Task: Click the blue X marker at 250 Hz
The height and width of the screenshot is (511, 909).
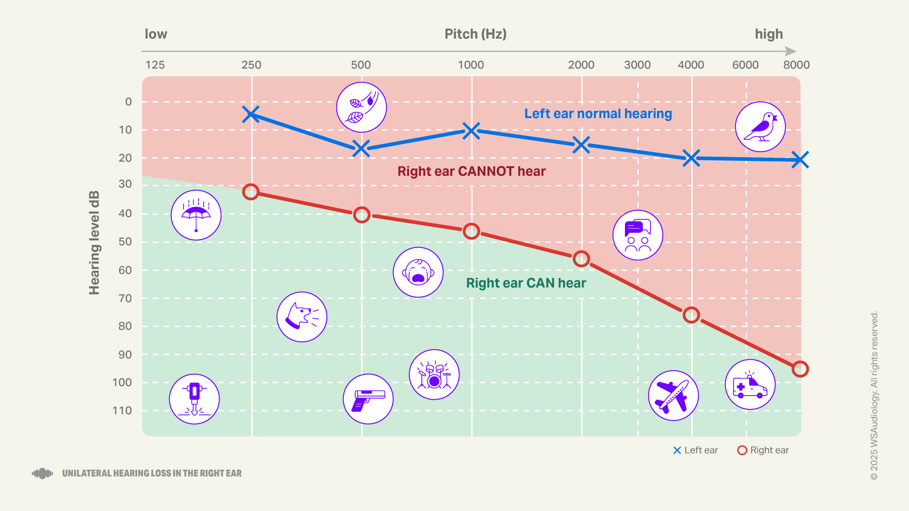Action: pos(251,114)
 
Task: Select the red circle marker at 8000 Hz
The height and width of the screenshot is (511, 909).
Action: pos(800,369)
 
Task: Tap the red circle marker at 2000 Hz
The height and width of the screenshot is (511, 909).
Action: pos(581,259)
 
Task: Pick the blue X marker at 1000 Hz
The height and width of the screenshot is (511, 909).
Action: pos(471,131)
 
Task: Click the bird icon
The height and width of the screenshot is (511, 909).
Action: pos(760,127)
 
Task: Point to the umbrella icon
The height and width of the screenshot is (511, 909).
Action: pos(196,215)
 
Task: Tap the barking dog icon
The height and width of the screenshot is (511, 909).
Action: pos(302,317)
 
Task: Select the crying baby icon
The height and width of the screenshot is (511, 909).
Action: pos(418,272)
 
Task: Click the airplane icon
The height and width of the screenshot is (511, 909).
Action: pos(673,395)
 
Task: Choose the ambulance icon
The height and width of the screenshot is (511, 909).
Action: pos(750,384)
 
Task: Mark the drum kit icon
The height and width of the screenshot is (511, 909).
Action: pos(434,374)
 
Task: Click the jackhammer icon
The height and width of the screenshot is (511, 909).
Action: pos(195,399)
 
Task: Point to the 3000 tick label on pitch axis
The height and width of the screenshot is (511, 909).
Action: pos(637,65)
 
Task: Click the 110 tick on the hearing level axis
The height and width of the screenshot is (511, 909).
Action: pos(122,411)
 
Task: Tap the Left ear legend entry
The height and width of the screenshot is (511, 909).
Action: pos(695,450)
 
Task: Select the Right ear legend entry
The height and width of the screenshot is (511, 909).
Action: pos(763,450)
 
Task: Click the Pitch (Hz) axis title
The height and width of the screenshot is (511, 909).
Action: pos(475,34)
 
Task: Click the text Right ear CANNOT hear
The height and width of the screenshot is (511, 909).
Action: pos(471,171)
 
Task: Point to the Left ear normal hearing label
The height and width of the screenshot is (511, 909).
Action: pos(598,114)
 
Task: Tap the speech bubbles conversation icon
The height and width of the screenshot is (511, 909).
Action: pos(638,235)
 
